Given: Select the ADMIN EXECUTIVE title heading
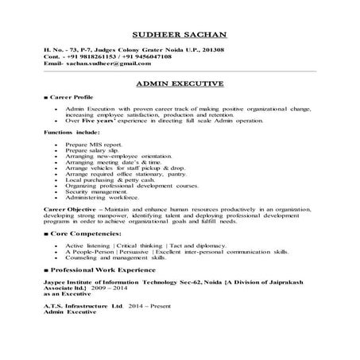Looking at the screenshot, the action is pos(180,83).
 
